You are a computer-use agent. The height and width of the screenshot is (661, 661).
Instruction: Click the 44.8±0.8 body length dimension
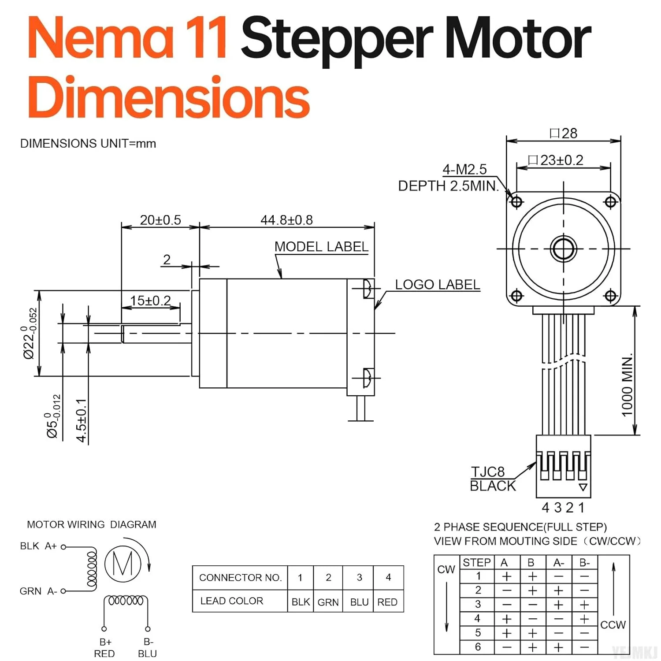point(286,220)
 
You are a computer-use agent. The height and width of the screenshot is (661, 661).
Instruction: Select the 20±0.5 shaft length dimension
point(160,220)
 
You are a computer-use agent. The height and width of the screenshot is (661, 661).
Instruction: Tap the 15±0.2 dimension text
point(150,301)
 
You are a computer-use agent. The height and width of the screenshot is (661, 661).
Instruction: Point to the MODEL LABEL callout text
point(321,247)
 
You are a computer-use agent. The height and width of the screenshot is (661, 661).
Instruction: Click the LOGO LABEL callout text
point(437,285)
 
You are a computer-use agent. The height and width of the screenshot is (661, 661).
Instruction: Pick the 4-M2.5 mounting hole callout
point(464,170)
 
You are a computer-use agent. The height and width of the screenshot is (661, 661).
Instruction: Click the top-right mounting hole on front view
point(610,202)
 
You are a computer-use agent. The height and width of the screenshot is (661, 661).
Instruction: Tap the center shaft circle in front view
point(563,249)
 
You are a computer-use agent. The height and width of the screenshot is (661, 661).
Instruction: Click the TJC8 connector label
point(488,472)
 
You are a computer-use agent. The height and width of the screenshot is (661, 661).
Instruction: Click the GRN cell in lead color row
point(328,602)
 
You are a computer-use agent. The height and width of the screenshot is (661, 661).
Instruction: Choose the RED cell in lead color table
point(387,602)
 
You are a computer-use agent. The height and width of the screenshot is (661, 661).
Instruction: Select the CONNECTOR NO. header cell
point(240,577)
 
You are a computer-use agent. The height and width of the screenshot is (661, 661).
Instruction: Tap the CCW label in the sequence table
point(613,624)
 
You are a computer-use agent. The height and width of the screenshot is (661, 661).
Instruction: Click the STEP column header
point(476,562)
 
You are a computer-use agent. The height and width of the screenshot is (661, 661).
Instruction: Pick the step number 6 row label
point(478,647)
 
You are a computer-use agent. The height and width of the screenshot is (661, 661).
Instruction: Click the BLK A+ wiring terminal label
point(38,546)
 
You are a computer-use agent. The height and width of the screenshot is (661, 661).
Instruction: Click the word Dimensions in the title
point(169,97)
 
